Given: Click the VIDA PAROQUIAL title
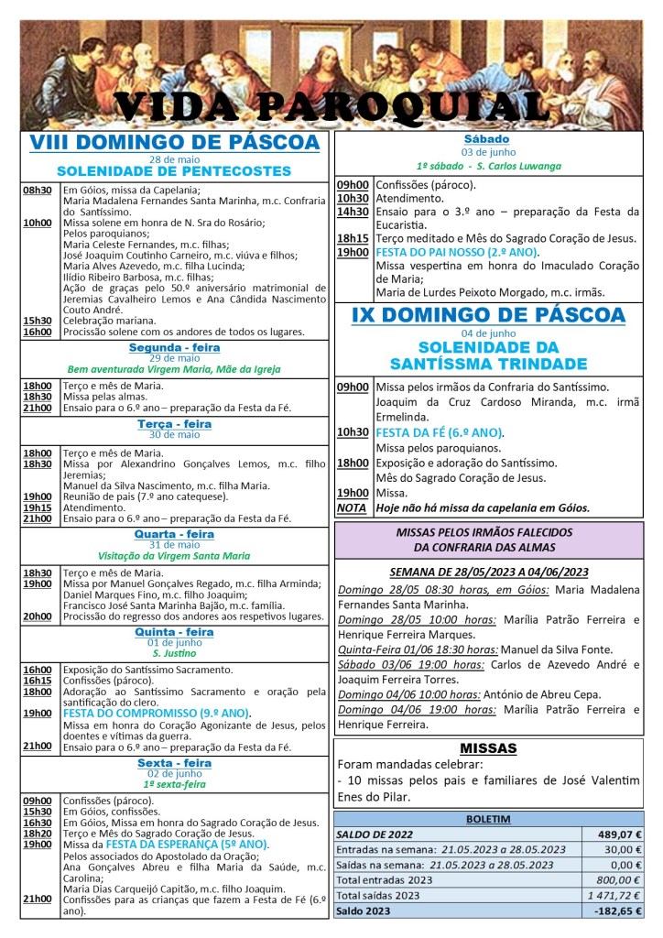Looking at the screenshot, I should [x=331, y=108].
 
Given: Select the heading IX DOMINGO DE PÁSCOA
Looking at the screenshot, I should [x=488, y=315].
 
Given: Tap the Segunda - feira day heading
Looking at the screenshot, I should [x=174, y=348].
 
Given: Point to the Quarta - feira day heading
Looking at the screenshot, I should [x=174, y=534].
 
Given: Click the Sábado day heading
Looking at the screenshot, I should [x=487, y=139].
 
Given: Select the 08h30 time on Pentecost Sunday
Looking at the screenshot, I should [x=38, y=191].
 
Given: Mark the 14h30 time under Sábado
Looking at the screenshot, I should [x=353, y=212].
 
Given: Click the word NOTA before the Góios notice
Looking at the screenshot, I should [x=351, y=507].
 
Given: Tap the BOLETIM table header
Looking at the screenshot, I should [x=488, y=818].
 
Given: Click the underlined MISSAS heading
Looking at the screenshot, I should [x=488, y=748].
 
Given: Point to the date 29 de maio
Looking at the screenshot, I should [x=174, y=358].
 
